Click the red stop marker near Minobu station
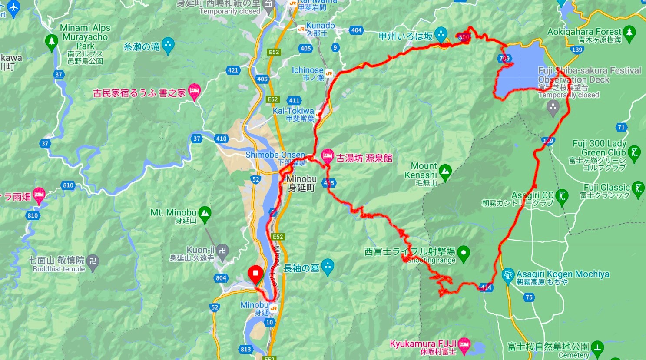(255, 274)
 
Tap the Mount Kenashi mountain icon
(445, 172)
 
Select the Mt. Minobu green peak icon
(204, 213)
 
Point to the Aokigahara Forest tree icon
(629, 33)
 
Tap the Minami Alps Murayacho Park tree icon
(51, 42)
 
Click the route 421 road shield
(233, 70)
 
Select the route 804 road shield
(221, 278)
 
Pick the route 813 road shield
(245, 349)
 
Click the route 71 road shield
(622, 127)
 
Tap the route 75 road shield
(529, 297)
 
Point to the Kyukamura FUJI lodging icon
(464, 343)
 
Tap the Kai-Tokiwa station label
(294, 111)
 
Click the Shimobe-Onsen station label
(275, 155)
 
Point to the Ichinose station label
(308, 70)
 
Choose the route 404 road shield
(356, 30)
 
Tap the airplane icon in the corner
(14, 7)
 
